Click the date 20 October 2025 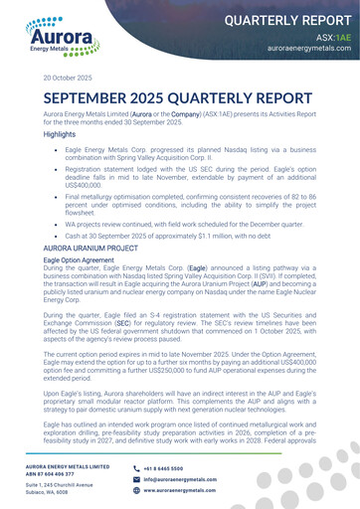68,78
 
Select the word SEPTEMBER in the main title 99,100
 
